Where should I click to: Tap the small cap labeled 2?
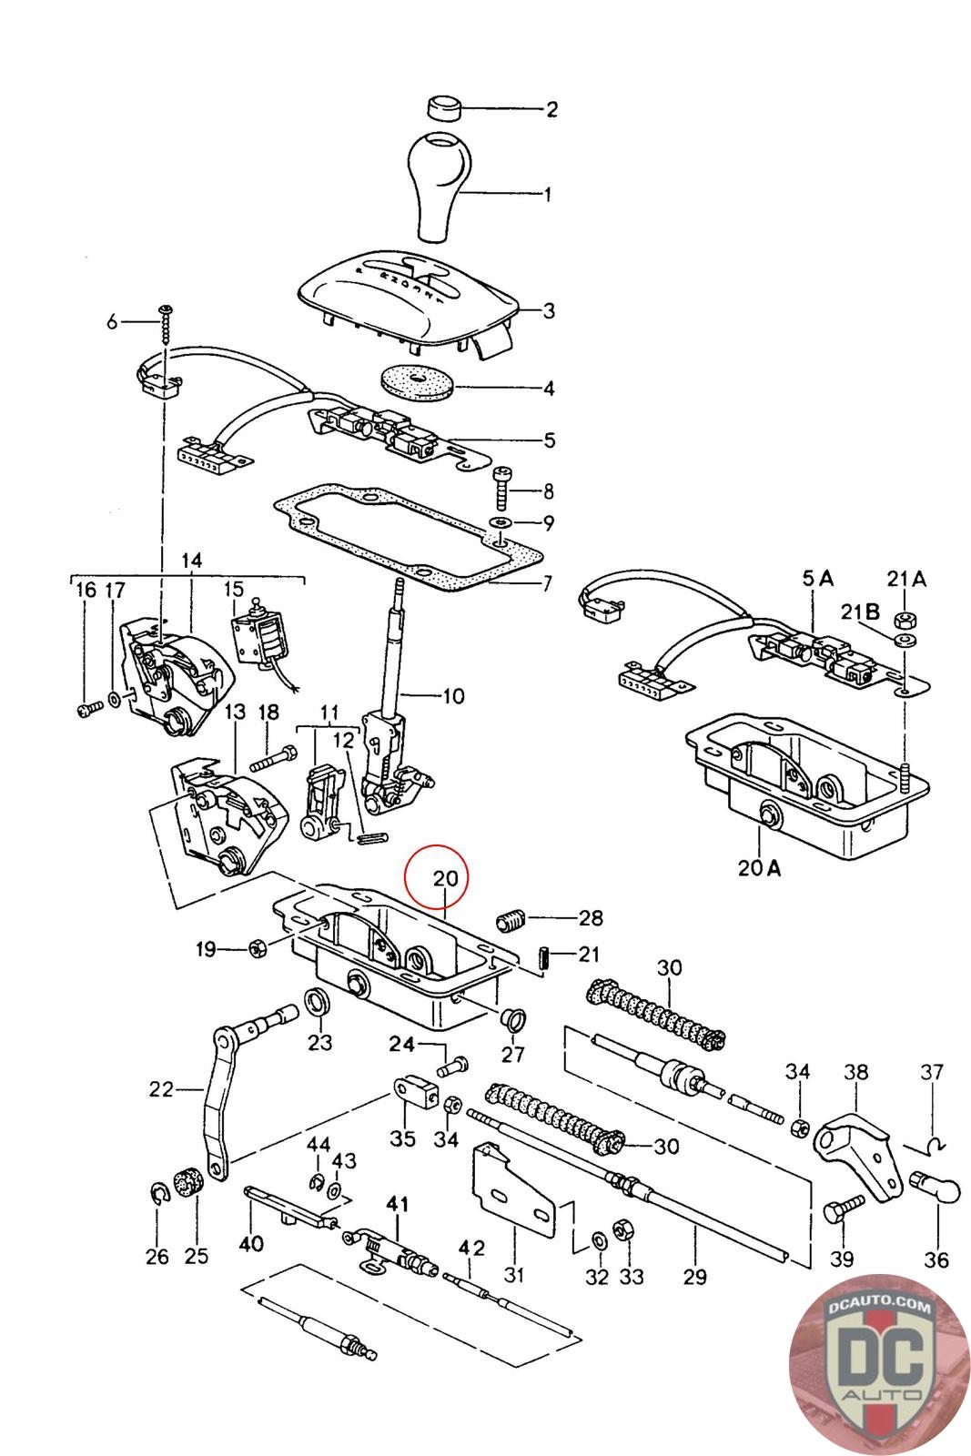[x=445, y=107]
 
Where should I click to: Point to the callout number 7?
[x=546, y=583]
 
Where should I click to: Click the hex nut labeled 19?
[x=257, y=949]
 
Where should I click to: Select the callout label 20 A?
[x=759, y=867]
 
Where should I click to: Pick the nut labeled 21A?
[x=905, y=620]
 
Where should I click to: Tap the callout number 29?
[x=694, y=1277]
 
